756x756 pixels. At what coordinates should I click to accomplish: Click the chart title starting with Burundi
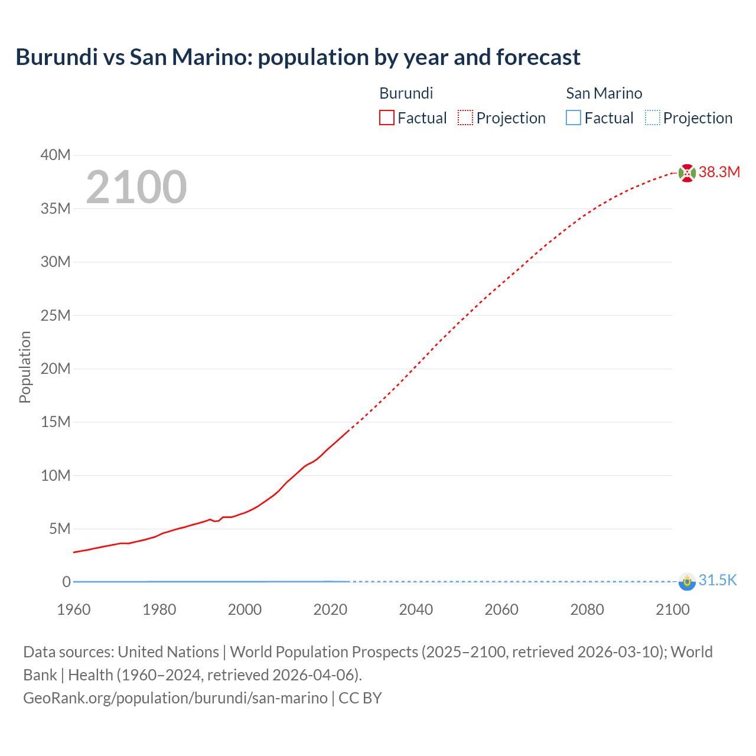coord(298,57)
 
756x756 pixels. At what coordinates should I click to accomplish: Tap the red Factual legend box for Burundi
coord(386,118)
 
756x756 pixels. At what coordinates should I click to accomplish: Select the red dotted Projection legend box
coord(465,118)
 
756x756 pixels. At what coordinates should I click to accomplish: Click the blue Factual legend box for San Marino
coord(573,118)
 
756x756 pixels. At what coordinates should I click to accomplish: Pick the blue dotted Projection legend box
coord(652,118)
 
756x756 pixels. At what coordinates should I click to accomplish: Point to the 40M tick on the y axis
coord(56,155)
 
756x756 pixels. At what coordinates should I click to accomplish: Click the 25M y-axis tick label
coord(56,315)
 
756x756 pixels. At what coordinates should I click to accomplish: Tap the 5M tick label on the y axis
coord(59,529)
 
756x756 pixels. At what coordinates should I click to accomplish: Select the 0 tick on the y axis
coord(67,582)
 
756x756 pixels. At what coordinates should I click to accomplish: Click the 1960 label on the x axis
coord(74,610)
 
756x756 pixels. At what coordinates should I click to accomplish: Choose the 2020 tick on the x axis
coord(330,610)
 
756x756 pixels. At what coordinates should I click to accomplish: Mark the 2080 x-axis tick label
coord(587,610)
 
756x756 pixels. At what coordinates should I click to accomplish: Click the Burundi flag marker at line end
coord(687,173)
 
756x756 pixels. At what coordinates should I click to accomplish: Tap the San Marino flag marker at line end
coord(687,582)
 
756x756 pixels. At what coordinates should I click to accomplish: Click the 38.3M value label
coord(719,172)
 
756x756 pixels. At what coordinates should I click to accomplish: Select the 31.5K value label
coord(718,581)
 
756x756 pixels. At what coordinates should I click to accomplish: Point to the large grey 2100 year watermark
coord(136,188)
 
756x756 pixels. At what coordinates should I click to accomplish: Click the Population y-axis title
coord(25,367)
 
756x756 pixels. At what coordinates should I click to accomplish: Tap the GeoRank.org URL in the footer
coord(175,698)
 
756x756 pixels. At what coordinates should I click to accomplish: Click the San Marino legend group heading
coord(604,93)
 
